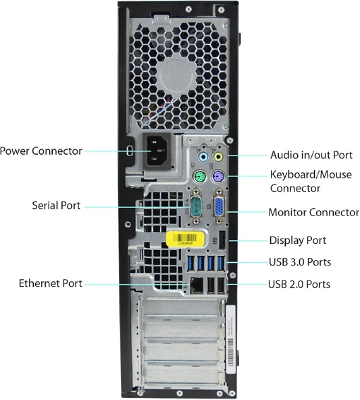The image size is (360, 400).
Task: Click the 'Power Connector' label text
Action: pyautogui.click(x=41, y=151)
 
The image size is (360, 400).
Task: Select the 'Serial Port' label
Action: pyautogui.click(x=56, y=205)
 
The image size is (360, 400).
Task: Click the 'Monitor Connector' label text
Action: pyautogui.click(x=313, y=212)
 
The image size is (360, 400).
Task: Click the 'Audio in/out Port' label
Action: pyautogui.click(x=311, y=155)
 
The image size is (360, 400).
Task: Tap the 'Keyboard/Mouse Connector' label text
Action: pyautogui.click(x=304, y=180)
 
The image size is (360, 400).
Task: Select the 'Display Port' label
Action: pyautogui.click(x=297, y=241)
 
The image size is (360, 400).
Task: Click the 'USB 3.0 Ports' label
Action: pyautogui.click(x=299, y=262)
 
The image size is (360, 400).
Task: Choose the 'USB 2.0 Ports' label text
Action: pyautogui.click(x=299, y=284)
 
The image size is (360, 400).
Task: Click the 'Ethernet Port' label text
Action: pyautogui.click(x=51, y=284)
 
